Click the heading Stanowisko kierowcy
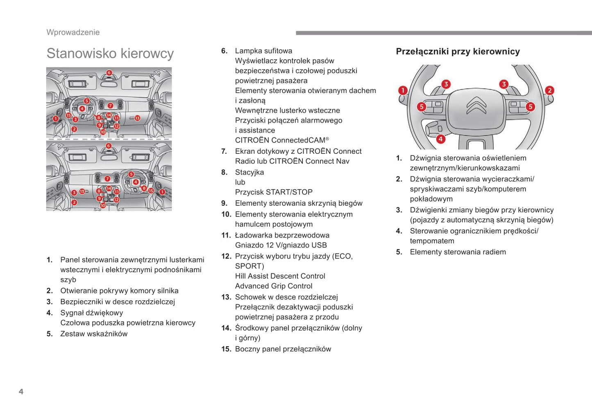click(110, 54)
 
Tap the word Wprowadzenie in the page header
click(73, 32)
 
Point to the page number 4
click(21, 392)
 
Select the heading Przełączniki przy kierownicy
click(458, 52)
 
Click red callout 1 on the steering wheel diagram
click(403, 90)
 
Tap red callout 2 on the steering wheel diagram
click(549, 90)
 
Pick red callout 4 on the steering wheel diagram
click(440, 139)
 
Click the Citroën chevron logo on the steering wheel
click(476, 106)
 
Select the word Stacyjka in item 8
click(249, 172)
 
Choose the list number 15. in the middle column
click(226, 349)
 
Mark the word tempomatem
click(432, 241)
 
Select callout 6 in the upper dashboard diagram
click(109, 73)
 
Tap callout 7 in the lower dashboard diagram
click(107, 179)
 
